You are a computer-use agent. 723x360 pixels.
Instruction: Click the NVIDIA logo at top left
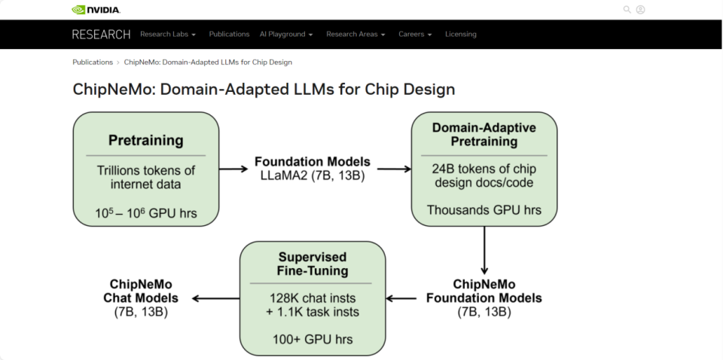click(96, 10)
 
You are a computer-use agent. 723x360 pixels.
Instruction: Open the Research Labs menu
click(167, 34)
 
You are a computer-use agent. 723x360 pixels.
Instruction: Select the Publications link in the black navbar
click(229, 34)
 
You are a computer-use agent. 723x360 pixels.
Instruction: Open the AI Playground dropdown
click(285, 34)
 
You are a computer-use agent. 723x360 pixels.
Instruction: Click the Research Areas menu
click(355, 34)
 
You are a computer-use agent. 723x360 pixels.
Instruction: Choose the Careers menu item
click(415, 34)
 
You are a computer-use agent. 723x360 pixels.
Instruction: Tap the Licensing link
click(460, 34)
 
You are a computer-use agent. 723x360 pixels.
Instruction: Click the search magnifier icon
click(627, 10)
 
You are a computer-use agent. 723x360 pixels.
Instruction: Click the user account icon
click(640, 10)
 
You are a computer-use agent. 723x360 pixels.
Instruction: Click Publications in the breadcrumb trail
click(93, 62)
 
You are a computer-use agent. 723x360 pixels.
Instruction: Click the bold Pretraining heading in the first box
click(146, 140)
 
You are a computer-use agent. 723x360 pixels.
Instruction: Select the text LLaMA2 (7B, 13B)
click(312, 175)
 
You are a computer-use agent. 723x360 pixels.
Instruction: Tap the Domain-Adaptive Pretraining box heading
click(484, 134)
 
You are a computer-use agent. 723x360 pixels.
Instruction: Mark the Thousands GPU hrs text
click(484, 210)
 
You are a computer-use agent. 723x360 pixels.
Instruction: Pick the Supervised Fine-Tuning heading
click(312, 263)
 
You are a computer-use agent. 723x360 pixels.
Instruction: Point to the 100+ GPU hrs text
click(312, 339)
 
